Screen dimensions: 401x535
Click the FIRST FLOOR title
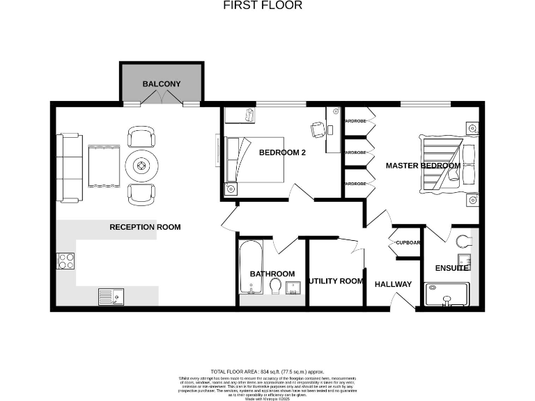coord(263,6)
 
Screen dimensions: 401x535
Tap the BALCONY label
coord(162,84)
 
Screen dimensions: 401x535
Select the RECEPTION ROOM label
coord(145,227)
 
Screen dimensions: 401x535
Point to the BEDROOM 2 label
coord(282,152)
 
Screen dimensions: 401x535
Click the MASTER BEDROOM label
coord(423,166)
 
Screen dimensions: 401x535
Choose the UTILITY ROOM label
coord(336,281)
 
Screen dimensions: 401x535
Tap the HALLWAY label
coord(394,284)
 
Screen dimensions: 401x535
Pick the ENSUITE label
coord(451,268)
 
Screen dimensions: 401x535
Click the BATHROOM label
coord(272,274)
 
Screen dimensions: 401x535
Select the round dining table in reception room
coord(141,166)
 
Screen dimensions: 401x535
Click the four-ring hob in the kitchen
coord(65,260)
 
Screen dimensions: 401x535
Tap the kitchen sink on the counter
coord(110,297)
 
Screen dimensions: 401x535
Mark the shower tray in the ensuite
coord(448,295)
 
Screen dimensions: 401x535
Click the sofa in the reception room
coord(69,167)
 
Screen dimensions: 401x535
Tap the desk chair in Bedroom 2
coord(317,129)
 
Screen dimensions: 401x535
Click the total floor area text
coord(267,372)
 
